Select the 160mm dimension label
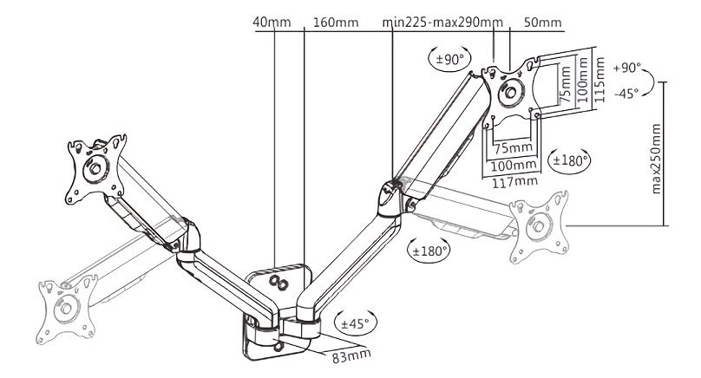[x=334, y=21]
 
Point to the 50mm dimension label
[x=544, y=21]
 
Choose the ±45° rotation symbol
[x=353, y=323]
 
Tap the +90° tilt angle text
[x=626, y=68]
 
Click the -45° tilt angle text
[x=626, y=93]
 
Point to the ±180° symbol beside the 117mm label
[x=570, y=160]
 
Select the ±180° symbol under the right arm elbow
[x=429, y=251]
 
